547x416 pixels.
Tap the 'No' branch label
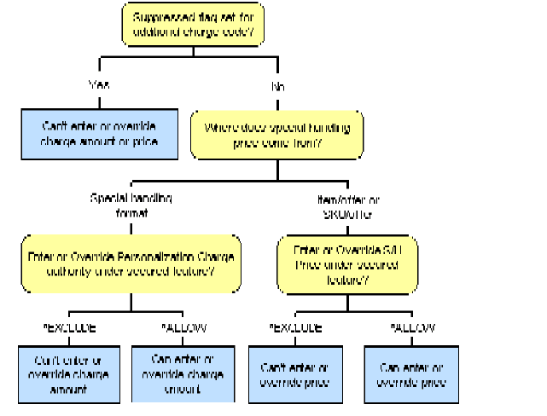click(278, 87)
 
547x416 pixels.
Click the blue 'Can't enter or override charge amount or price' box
click(99, 134)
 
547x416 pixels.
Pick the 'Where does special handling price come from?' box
click(276, 136)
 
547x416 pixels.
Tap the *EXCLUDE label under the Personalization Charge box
click(68, 328)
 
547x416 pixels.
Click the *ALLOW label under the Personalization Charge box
click(183, 328)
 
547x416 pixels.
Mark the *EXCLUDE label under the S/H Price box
click(296, 328)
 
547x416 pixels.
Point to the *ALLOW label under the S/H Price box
click(411, 328)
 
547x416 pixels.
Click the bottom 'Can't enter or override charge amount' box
click(71, 373)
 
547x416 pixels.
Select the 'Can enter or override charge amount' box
click(181, 373)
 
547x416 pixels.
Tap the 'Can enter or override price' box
click(411, 373)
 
